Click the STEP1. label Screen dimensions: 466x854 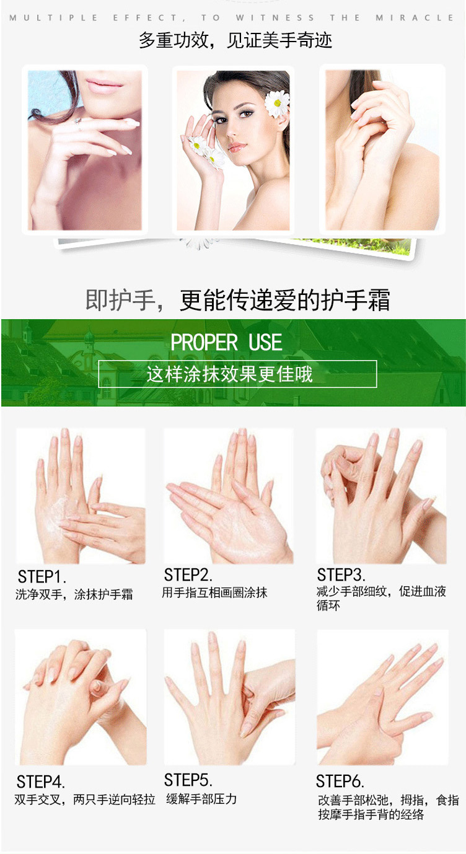(42, 577)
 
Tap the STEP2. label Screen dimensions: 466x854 (188, 575)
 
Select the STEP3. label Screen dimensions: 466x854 (341, 575)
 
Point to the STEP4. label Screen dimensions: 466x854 (40, 782)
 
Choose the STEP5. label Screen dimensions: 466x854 (188, 780)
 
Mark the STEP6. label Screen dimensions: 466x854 (340, 781)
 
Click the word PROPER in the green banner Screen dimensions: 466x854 (204, 342)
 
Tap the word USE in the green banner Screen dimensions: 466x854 (265, 342)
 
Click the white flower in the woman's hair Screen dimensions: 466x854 (277, 103)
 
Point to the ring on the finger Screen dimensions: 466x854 (78, 123)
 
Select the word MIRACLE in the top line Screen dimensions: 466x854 (415, 18)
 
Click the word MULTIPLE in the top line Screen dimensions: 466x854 (54, 18)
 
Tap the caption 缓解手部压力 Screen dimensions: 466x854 (201, 799)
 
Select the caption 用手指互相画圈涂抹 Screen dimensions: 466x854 (214, 592)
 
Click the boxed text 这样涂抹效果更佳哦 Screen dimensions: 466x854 (229, 374)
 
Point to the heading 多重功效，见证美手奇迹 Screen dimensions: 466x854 (235, 40)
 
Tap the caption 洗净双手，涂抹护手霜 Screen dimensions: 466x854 (74, 594)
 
